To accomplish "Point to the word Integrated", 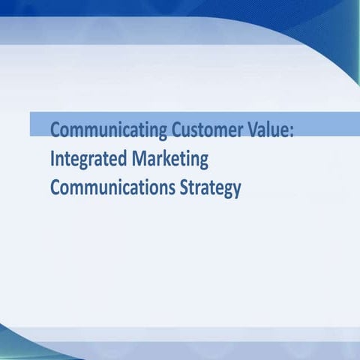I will click(86, 160).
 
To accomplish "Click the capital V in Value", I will click(258, 130).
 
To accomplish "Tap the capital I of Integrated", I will click(52, 159).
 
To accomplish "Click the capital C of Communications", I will click(55, 186).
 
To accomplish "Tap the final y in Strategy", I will click(237, 189).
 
